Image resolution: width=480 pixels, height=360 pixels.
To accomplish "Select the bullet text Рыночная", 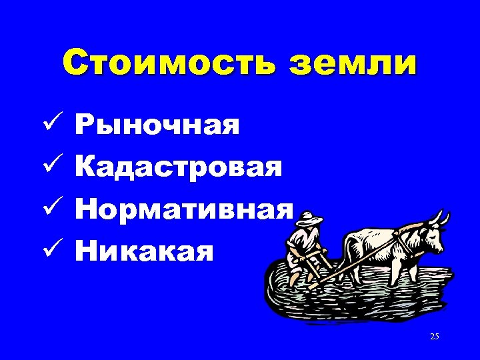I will point(157,125).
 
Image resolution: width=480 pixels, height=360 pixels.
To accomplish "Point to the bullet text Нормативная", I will point(184,210).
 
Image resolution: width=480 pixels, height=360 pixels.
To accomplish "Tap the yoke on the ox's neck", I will point(403,233).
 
